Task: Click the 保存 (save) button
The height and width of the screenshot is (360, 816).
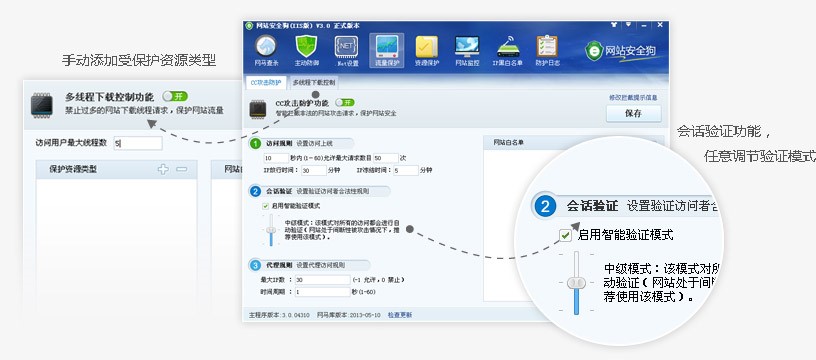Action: (x=633, y=113)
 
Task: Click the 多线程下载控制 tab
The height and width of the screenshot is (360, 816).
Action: (x=314, y=82)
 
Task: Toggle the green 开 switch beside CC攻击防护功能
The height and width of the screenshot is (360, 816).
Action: (x=345, y=102)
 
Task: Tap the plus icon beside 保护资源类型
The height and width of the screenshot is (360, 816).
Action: (x=163, y=170)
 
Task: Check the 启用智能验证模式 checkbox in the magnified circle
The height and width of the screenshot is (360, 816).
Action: (x=566, y=235)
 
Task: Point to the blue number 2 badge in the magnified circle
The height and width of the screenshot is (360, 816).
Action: (x=545, y=207)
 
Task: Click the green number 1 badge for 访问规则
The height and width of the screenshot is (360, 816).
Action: (x=256, y=144)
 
